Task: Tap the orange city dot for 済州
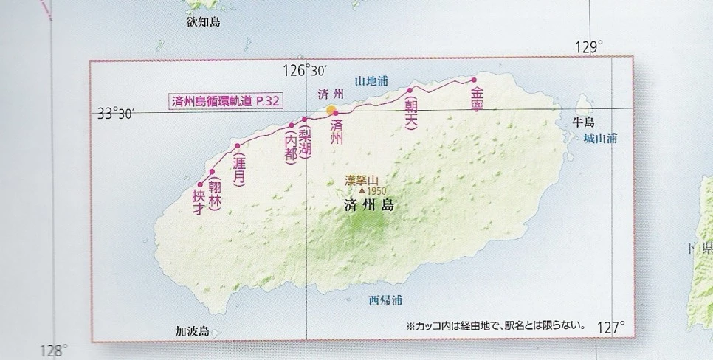(x=331, y=109)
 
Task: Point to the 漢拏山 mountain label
(x=362, y=179)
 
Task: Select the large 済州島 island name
(x=368, y=207)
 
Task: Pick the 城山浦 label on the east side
(x=599, y=138)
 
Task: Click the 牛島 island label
(x=583, y=122)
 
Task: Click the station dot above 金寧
(x=475, y=80)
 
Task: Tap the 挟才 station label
(x=198, y=202)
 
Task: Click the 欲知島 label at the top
(x=204, y=23)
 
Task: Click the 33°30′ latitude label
(x=114, y=114)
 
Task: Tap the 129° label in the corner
(x=590, y=47)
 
